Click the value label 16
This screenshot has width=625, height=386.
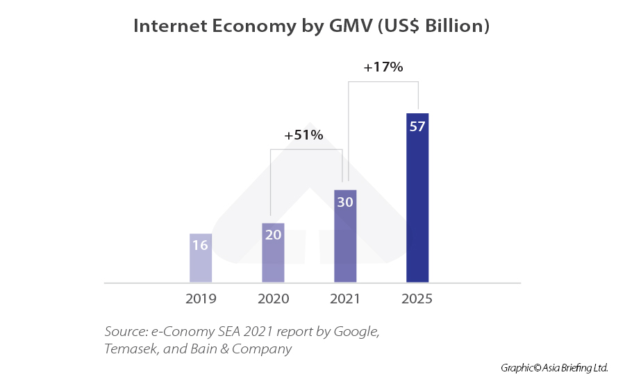pyautogui.click(x=201, y=245)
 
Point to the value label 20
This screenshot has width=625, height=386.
pyautogui.click(x=273, y=235)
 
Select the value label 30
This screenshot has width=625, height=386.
pyautogui.click(x=345, y=202)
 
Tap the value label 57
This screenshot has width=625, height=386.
pyautogui.click(x=417, y=127)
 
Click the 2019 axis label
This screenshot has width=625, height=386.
pyautogui.click(x=201, y=299)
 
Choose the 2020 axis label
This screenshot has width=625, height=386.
pyautogui.click(x=273, y=299)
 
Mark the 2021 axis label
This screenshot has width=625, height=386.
pyautogui.click(x=345, y=299)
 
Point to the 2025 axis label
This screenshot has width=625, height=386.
pyautogui.click(x=417, y=299)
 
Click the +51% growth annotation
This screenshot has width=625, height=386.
pyautogui.click(x=303, y=135)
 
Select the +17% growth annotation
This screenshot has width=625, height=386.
pyautogui.click(x=383, y=67)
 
